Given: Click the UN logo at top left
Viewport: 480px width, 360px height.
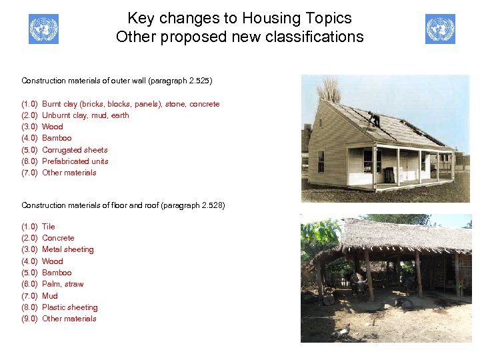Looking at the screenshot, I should click(x=43, y=29).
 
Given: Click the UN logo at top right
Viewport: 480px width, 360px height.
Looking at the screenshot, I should click(x=440, y=29).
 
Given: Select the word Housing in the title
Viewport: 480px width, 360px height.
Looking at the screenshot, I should click(x=259, y=18).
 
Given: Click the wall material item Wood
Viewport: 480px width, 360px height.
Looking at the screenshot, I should click(x=53, y=127).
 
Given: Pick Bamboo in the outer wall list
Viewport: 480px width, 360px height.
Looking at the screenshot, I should click(x=57, y=138).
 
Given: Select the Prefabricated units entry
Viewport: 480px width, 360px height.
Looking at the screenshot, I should click(x=75, y=161).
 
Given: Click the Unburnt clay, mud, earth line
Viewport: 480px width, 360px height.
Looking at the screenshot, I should click(x=85, y=115).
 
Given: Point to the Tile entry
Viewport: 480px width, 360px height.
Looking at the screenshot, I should click(x=49, y=227).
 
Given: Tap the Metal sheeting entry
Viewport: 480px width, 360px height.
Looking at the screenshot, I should click(x=68, y=249).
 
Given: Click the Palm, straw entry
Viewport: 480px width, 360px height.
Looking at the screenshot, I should click(x=63, y=284).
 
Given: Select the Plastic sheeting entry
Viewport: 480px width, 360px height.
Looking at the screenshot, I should click(x=70, y=307).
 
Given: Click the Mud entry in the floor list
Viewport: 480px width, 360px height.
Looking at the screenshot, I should click(x=50, y=296).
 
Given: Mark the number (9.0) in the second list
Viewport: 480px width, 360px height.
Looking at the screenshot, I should click(x=29, y=319).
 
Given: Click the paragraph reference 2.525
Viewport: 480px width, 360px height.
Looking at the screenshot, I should click(x=198, y=81).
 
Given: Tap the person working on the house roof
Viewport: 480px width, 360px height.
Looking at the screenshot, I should click(x=375, y=120).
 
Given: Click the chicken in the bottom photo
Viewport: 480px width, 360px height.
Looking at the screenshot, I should click(x=343, y=329).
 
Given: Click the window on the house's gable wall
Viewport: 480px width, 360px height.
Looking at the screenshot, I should click(x=321, y=161).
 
